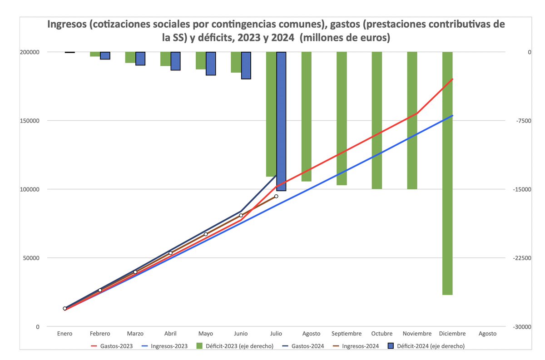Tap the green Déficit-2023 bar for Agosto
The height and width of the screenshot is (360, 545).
coord(307,116)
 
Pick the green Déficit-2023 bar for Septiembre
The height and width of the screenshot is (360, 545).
coord(342,118)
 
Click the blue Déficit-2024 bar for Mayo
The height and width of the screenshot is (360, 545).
coord(211,64)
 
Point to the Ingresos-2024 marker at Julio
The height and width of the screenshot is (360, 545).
coord(276,196)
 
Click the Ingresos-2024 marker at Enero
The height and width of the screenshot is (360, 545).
coord(65,308)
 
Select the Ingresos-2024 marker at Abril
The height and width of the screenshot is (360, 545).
coord(171,253)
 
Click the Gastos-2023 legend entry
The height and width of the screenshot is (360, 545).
coord(112,346)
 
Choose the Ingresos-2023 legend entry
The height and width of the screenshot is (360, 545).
coord(168,346)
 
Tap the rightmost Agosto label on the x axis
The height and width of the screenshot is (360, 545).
coord(487,334)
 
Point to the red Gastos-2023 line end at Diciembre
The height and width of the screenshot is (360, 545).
coord(452,79)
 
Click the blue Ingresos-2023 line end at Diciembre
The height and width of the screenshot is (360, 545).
coord(452,116)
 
